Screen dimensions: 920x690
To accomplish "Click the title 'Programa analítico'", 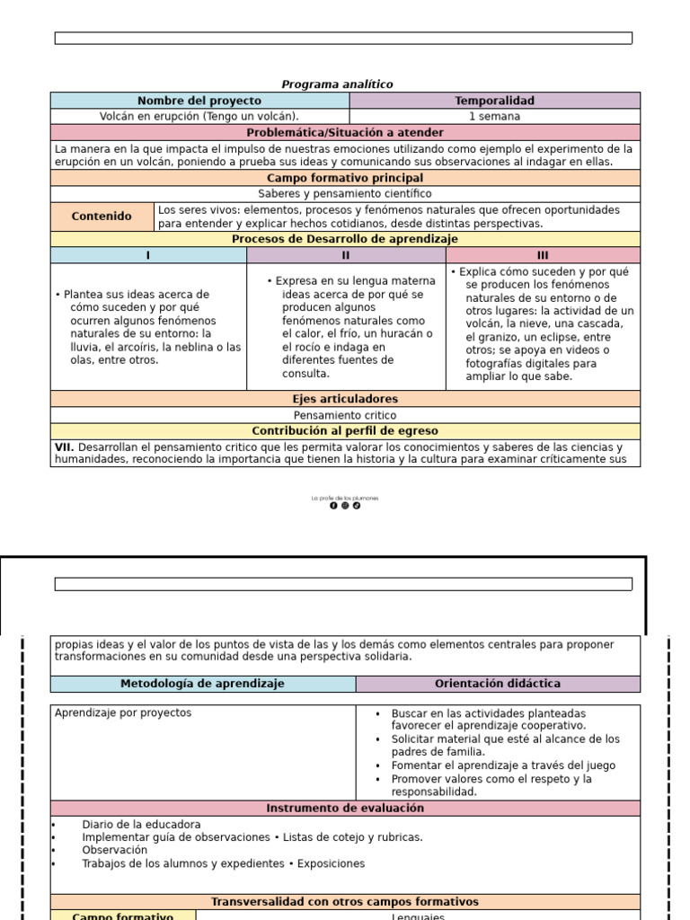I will (337, 84).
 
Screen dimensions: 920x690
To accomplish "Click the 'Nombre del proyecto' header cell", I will (199, 101).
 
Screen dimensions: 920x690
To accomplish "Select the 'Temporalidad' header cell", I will (494, 101).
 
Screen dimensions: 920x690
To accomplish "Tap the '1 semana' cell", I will (494, 117).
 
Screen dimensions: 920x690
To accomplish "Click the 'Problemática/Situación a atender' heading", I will (345, 133).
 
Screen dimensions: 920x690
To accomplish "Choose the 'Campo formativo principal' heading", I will (345, 178).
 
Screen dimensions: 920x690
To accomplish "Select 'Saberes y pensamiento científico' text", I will (345, 194).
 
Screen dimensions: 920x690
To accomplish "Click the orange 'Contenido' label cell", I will (102, 217).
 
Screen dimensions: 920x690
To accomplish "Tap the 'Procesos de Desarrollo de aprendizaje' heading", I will (345, 239).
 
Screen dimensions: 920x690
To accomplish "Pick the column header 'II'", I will (346, 255).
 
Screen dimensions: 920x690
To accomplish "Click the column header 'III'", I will (543, 255).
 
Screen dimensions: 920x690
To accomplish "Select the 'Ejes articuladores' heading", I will (345, 399).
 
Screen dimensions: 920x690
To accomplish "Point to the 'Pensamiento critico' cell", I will (345, 416).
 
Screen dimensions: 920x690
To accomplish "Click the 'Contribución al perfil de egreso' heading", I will (345, 431).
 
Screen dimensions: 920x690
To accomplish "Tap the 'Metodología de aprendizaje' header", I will (202, 684).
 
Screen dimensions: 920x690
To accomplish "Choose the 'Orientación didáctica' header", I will (498, 684).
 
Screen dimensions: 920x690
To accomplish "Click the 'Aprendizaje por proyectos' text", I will (123, 713).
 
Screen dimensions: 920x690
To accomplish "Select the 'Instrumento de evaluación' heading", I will (345, 809).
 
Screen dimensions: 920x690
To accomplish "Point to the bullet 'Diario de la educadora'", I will (141, 825).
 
